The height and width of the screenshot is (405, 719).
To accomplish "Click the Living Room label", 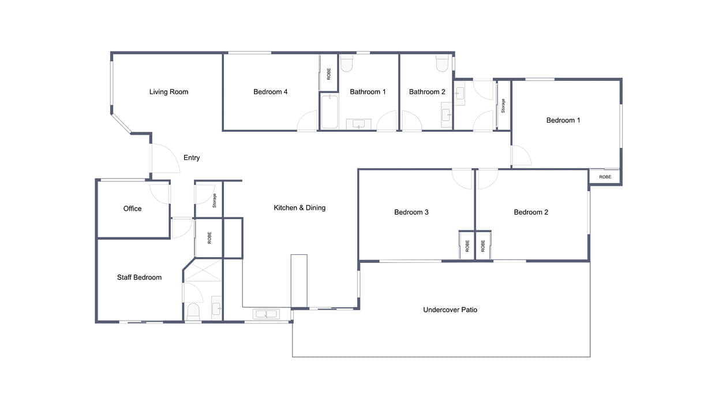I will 168,92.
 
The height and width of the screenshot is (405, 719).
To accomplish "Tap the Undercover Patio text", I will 450,310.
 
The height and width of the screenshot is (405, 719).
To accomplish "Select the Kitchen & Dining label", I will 299,208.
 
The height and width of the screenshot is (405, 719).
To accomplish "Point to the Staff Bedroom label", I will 139,278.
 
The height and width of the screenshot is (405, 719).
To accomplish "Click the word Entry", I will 192,158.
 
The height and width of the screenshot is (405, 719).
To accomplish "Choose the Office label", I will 132,209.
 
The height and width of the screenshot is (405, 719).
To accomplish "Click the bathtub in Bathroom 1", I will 329,112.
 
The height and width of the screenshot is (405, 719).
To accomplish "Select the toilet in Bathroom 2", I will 443,63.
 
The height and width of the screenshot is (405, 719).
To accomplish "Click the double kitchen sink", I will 265,314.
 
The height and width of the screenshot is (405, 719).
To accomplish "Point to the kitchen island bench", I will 299,280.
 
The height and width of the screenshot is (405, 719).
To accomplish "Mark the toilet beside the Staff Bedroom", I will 193,312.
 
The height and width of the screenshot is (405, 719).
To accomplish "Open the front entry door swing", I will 164,159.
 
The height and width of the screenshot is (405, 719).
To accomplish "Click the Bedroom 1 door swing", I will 520,155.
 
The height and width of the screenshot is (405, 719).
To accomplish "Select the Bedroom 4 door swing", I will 308,121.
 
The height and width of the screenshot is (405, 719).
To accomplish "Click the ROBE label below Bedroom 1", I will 605,177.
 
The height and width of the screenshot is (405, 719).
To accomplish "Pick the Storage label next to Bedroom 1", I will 503,105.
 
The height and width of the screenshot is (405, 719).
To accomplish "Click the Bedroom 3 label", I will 411,213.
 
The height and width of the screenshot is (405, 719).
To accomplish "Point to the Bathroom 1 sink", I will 359,124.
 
